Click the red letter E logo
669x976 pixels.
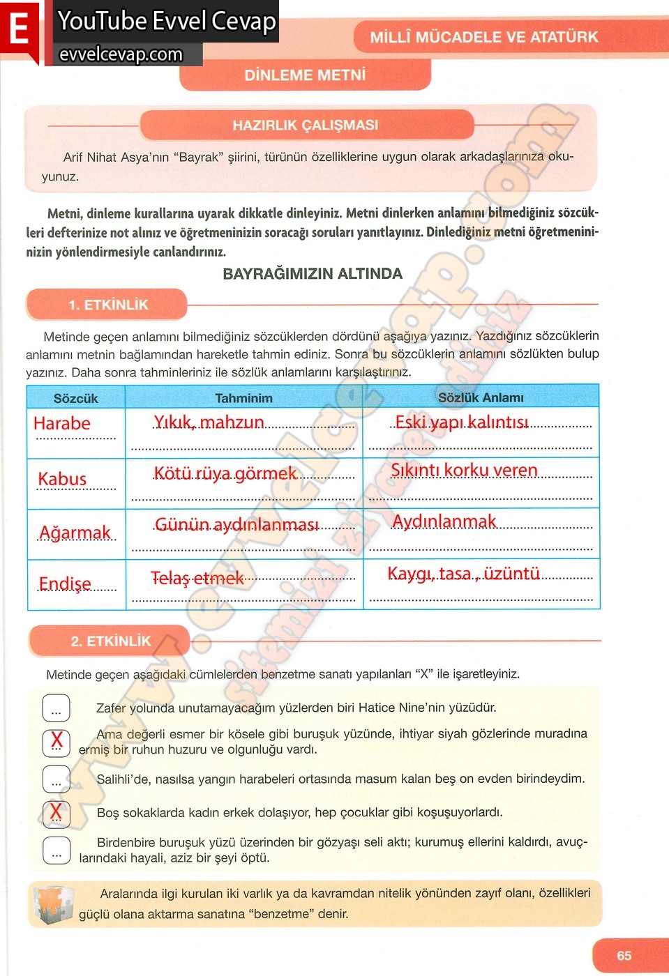(x=19, y=31)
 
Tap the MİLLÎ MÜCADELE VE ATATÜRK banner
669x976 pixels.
(x=483, y=37)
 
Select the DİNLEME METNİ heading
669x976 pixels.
(x=305, y=75)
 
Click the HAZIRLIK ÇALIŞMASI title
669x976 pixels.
(x=306, y=125)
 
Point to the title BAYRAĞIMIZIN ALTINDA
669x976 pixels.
(x=313, y=274)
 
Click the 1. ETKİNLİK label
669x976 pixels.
(x=108, y=305)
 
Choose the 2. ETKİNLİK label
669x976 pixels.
(x=110, y=641)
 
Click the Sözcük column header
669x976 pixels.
(x=75, y=398)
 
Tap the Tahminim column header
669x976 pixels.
(x=243, y=398)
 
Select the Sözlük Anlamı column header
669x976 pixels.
(x=481, y=397)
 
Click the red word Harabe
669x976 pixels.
(x=62, y=423)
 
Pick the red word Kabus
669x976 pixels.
(x=62, y=479)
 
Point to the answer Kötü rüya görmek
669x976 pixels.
(x=225, y=474)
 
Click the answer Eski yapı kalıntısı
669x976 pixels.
(x=462, y=422)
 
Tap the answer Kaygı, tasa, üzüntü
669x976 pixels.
(x=463, y=574)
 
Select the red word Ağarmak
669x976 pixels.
(x=75, y=533)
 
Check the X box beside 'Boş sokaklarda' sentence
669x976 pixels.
(x=57, y=812)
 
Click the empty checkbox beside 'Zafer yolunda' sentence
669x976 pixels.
(x=57, y=708)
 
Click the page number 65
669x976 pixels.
(x=624, y=956)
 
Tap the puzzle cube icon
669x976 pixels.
(x=52, y=904)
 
